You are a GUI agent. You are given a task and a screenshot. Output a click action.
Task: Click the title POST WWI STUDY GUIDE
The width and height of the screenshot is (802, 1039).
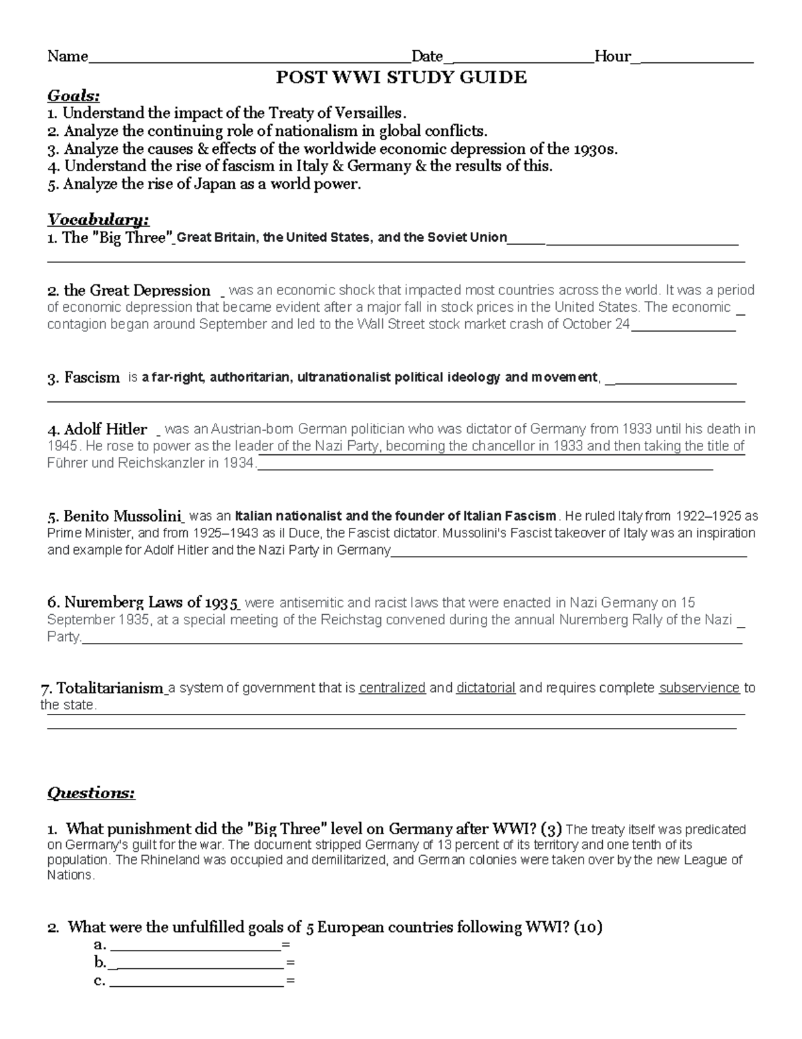[x=402, y=78]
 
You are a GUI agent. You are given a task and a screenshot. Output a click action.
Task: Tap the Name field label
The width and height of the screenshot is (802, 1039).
[x=68, y=56]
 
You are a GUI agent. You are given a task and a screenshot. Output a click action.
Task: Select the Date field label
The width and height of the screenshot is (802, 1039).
[x=427, y=56]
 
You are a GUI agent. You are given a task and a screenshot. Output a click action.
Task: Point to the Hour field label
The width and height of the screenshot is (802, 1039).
[x=612, y=56]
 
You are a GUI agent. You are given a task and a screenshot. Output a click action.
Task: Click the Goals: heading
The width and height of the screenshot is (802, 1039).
[x=74, y=96]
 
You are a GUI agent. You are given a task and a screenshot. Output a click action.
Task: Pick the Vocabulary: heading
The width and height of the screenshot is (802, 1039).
[x=98, y=220]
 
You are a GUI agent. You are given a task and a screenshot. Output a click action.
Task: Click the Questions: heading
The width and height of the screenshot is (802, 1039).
[x=91, y=793]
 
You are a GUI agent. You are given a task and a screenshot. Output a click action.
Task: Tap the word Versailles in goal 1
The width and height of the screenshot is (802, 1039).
[x=371, y=113]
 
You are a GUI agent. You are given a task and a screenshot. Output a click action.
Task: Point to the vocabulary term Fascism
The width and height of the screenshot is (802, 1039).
[x=92, y=378]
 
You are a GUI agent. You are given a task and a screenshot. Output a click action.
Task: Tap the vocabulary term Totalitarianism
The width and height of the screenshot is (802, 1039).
[x=110, y=688]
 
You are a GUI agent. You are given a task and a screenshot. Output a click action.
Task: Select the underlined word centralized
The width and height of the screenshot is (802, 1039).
[x=392, y=688]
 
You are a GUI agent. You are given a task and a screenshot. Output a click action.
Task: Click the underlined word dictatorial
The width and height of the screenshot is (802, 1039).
[x=485, y=688]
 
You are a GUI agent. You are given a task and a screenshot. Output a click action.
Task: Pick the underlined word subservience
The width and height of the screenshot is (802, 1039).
[x=699, y=688]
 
